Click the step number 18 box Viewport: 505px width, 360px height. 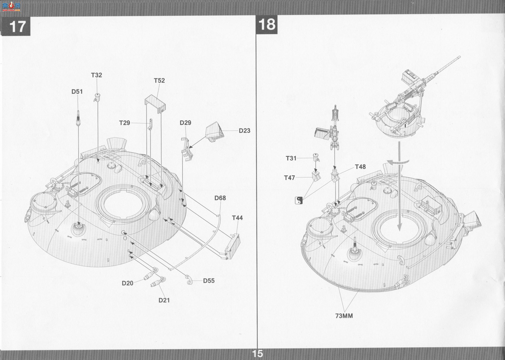pyautogui.click(x=267, y=24)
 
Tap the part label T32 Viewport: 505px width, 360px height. pyautogui.click(x=96, y=75)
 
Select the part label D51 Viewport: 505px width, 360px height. pyautogui.click(x=77, y=92)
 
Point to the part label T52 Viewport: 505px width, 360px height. pyautogui.click(x=160, y=80)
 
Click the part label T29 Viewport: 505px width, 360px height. pyautogui.click(x=125, y=123)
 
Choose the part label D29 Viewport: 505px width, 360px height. pyautogui.click(x=185, y=123)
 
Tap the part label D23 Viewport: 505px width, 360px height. pyautogui.click(x=244, y=131)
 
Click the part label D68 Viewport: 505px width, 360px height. pyautogui.click(x=220, y=198)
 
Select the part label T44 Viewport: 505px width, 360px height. pyautogui.click(x=237, y=218)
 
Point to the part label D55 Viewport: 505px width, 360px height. pyautogui.click(x=209, y=281)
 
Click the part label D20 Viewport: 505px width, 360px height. pyautogui.click(x=128, y=283)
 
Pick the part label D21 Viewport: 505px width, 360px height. pyautogui.click(x=164, y=300)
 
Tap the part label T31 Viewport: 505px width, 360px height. pyautogui.click(x=291, y=158)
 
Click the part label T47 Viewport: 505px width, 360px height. pyautogui.click(x=289, y=178)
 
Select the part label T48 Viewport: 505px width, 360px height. pyautogui.click(x=360, y=167)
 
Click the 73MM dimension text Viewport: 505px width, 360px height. pyautogui.click(x=344, y=316)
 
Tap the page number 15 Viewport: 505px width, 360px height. pyautogui.click(x=258, y=354)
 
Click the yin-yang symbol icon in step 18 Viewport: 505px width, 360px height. pyautogui.click(x=299, y=200)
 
